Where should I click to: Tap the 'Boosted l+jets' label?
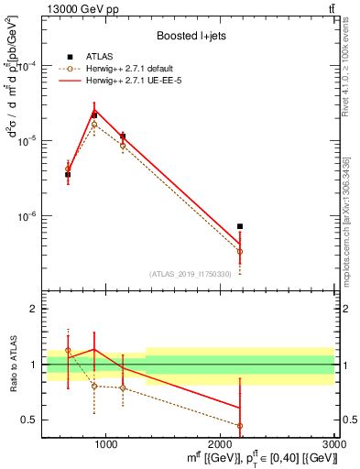[x=191, y=37]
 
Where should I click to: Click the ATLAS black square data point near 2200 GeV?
[x=240, y=226]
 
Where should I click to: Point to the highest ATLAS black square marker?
[x=94, y=115]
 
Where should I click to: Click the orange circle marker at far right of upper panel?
[x=240, y=251]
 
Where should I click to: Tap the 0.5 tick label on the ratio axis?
[x=32, y=420]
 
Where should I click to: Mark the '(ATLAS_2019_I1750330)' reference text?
[x=191, y=274]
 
